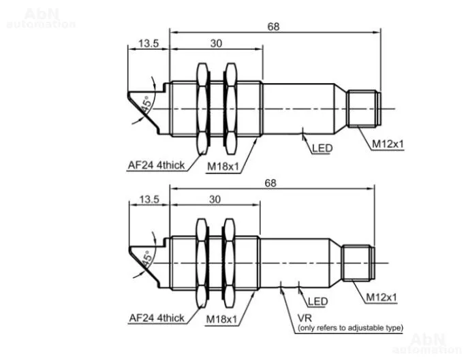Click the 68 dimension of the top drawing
pyautogui.click(x=273, y=27)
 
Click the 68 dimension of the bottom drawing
pyautogui.click(x=270, y=183)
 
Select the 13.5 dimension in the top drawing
pyautogui.click(x=149, y=44)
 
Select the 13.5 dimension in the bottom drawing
pyautogui.click(x=149, y=199)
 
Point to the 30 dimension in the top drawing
pyautogui.click(x=216, y=44)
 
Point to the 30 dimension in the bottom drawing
pyautogui.click(x=215, y=199)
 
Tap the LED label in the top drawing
pyautogui.click(x=322, y=148)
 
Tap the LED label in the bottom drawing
pyautogui.click(x=317, y=301)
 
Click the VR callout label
pyautogui.click(x=305, y=318)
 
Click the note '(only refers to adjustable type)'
pyautogui.click(x=350, y=328)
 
